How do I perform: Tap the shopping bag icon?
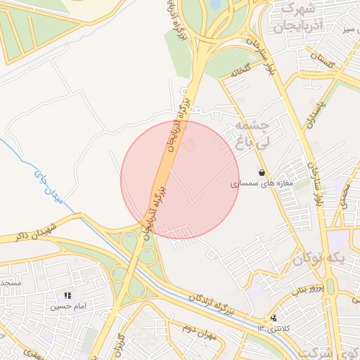coord(262,172)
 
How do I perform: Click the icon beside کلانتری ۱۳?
coord(273,319)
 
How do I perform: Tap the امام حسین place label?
coord(68,307)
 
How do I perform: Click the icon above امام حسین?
coord(68,297)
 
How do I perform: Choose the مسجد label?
coord(10,284)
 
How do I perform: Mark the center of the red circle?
coord(180,179)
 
